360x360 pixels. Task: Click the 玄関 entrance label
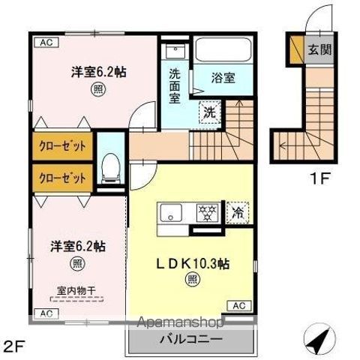pyautogui.click(x=319, y=52)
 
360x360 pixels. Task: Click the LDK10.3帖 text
pyautogui.click(x=192, y=264)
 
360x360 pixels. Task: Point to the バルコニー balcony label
pyautogui.click(x=190, y=339)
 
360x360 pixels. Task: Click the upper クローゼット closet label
pyautogui.click(x=62, y=145)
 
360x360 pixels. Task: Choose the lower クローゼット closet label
pyautogui.click(x=62, y=178)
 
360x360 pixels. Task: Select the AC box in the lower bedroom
pyautogui.click(x=45, y=313)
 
